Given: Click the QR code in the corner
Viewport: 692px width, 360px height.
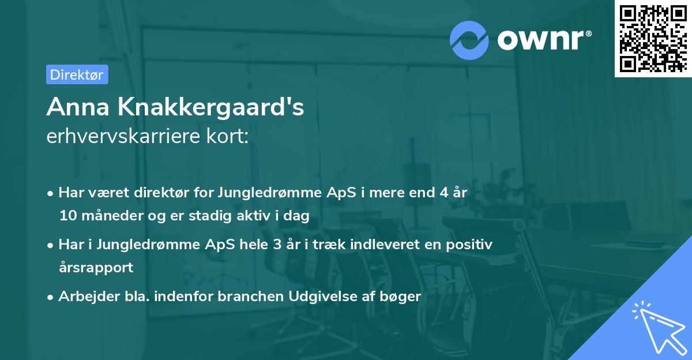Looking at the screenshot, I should (x=653, y=39).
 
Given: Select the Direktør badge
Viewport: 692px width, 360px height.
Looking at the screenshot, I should (x=77, y=74).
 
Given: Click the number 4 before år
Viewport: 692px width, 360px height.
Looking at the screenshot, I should (x=443, y=193).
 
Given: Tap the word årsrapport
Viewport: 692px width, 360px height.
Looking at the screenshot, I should (x=96, y=267).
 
